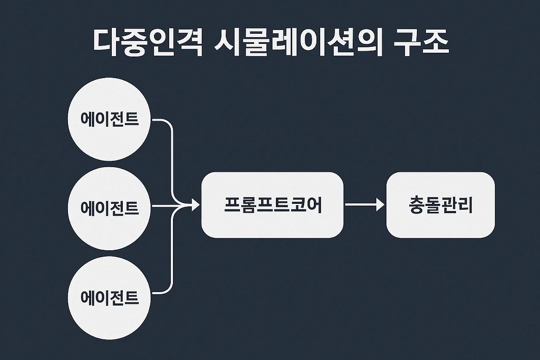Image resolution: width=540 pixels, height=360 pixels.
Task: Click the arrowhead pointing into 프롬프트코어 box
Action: (x=195, y=206)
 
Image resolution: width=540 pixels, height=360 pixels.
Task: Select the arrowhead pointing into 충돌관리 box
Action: (x=381, y=205)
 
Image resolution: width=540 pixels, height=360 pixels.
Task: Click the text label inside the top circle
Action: (x=109, y=119)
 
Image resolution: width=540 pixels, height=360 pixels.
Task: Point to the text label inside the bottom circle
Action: (x=109, y=297)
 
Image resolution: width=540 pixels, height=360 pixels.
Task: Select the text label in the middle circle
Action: (x=109, y=207)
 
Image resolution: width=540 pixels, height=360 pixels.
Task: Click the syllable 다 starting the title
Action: (x=105, y=43)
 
